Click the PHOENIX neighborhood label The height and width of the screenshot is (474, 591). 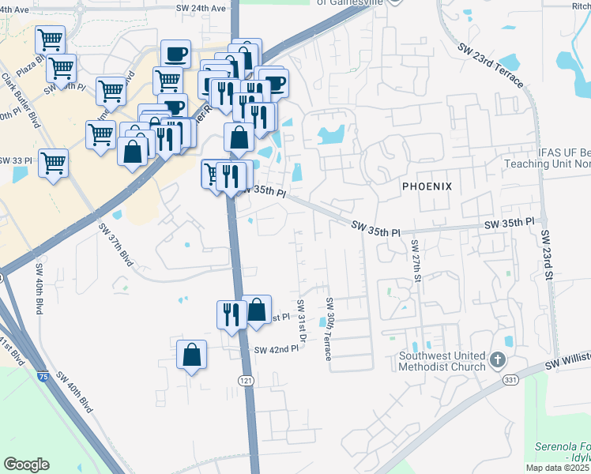pos(427,186)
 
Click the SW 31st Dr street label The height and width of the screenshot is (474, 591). pos(302,322)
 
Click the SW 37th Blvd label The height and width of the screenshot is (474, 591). pos(111,246)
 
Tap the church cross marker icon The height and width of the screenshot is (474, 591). pos(497,360)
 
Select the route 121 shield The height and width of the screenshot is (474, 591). pos(246,380)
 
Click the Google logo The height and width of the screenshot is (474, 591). pos(26,465)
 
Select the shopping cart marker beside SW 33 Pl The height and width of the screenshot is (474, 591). pos(53,164)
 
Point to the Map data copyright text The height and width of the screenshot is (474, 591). pos(557,468)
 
